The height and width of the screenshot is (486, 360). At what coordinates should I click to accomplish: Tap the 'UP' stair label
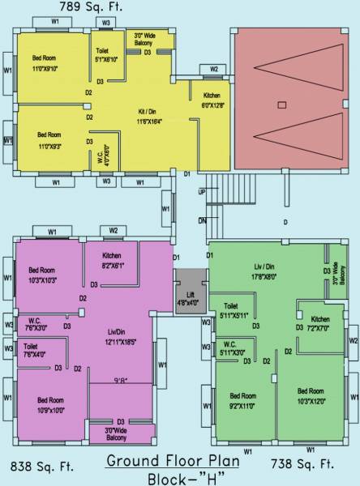click(x=202, y=192)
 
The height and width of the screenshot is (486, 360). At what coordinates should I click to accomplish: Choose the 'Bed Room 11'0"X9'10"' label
click(x=47, y=64)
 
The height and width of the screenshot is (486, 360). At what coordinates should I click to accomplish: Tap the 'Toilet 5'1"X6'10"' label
click(x=107, y=54)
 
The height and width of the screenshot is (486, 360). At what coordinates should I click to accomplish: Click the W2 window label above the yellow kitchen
click(x=214, y=70)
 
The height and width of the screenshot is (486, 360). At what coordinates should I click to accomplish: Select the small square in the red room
click(x=281, y=104)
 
